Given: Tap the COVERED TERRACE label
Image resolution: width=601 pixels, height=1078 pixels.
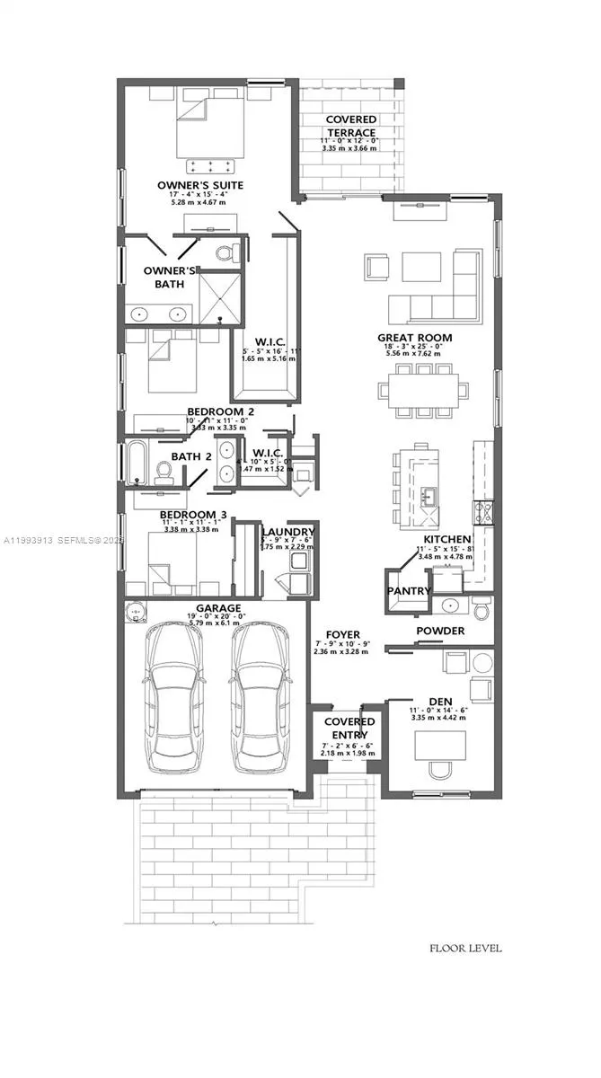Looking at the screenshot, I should click(350, 126).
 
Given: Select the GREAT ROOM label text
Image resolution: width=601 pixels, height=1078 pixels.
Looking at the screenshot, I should click(414, 338).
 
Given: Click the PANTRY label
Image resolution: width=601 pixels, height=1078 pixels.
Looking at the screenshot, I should click(409, 591).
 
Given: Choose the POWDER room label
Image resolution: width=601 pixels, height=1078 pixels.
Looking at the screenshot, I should click(440, 631).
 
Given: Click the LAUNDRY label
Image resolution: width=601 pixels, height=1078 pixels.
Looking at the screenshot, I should click(287, 532).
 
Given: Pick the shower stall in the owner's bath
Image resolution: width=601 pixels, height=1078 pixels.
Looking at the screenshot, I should click(218, 296).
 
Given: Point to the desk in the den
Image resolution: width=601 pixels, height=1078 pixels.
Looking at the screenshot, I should click(440, 745).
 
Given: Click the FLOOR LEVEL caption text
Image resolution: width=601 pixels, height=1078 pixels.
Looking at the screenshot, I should click(465, 948).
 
